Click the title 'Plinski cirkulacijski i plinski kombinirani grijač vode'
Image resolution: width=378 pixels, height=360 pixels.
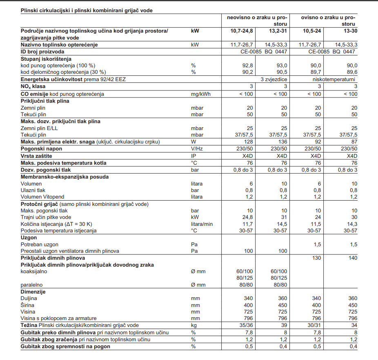pyautogui.click(x=87, y=10)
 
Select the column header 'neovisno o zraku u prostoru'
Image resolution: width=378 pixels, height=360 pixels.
pyautogui.click(x=257, y=21)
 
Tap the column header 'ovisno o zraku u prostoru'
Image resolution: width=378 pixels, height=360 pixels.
pyautogui.click(x=328, y=21)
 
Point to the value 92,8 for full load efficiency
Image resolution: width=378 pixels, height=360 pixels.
pyautogui.click(x=247, y=66)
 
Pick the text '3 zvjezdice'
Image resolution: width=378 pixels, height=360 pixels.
pyautogui.click(x=274, y=79)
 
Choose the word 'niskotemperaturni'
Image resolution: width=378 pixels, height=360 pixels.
pyautogui.click(x=336, y=79)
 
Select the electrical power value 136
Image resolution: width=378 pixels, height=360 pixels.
pyautogui.click(x=282, y=142)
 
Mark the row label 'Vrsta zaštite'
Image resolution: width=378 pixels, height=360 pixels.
pyautogui.click(x=37, y=156)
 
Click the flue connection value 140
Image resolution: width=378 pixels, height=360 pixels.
pyautogui.click(x=352, y=258)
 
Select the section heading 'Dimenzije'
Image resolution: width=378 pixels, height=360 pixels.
pyautogui.click(x=33, y=292)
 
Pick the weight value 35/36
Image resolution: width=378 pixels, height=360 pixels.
pyautogui.click(x=245, y=325)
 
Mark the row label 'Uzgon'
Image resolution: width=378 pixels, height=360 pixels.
pyautogui.click(x=29, y=237)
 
